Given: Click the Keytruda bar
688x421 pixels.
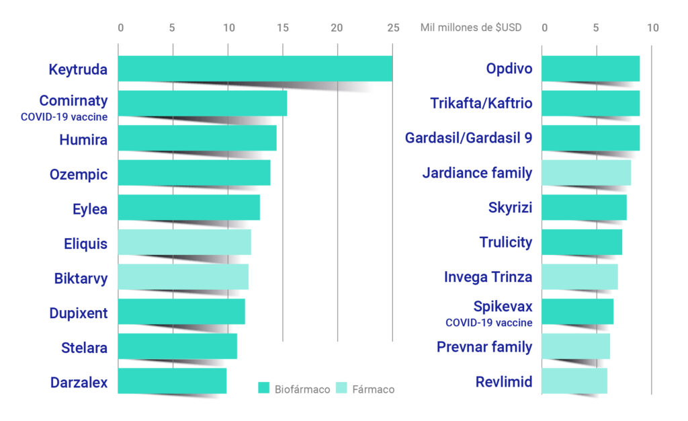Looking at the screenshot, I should coord(255,69).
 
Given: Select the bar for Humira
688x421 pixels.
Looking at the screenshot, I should coord(197,138).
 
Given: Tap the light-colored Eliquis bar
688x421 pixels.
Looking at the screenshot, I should coord(184,242).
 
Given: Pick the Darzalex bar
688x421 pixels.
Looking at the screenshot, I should coord(172,381).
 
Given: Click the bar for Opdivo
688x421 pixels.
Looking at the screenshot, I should coord(591,69).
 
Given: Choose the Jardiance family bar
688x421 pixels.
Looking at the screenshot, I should coord(586,173).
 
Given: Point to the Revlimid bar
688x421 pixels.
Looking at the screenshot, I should coord(574,381).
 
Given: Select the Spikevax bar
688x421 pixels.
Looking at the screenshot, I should coord(577,311).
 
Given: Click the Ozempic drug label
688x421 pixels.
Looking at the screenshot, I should coord(79,175).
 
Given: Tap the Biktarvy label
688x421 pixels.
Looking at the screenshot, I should coord(81,278).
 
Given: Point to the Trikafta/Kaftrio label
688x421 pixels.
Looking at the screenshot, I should coord(481,104).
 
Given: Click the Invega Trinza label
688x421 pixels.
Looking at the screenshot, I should coord(488,277).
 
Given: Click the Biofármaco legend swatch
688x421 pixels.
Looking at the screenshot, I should coord(264,389).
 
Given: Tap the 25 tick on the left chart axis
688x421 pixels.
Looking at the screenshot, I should coord(393,28).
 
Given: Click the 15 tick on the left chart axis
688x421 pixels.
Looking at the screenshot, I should coord(283,28).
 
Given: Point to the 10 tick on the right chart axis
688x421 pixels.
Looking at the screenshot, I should coord(653,28).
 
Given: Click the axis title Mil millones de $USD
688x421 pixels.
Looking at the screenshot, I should coord(470,28).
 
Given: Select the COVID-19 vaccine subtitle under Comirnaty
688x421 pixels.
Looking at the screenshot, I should coord(64,116).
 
